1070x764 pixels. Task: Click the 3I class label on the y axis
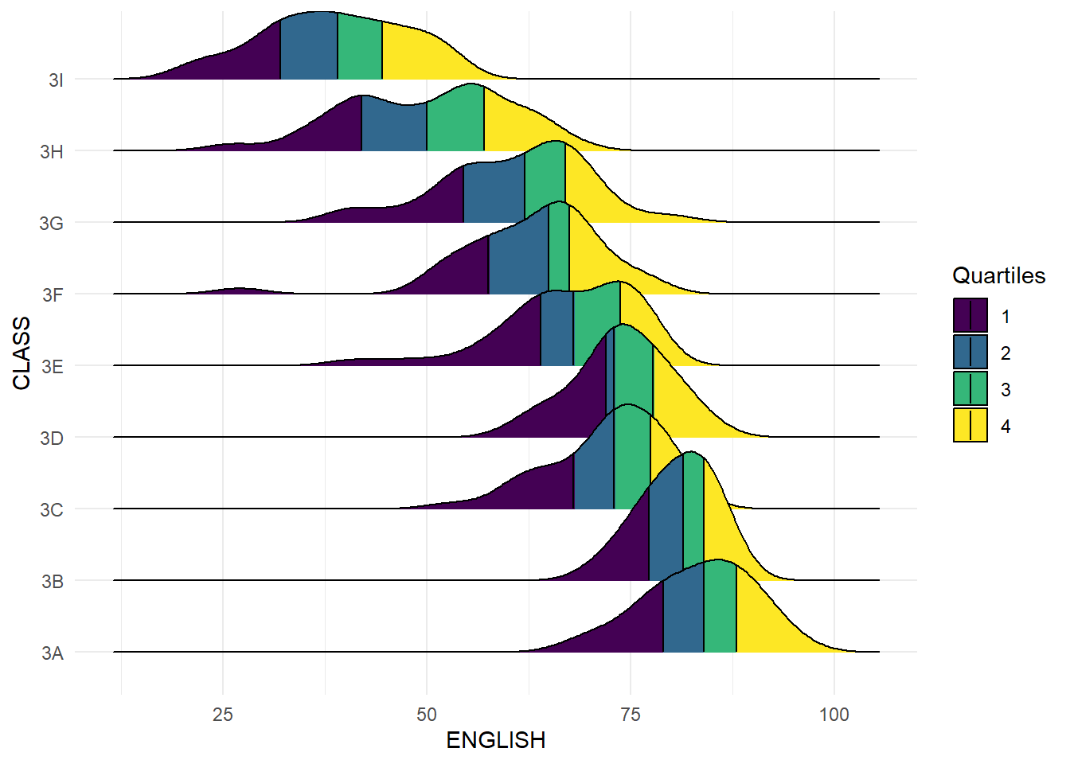point(56,80)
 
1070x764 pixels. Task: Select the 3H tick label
point(53,152)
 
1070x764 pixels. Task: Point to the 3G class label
point(52,224)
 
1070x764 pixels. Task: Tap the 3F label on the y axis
point(53,295)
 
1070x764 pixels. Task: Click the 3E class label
point(53,367)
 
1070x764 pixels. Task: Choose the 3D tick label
point(52,439)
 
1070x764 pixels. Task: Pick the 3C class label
point(52,510)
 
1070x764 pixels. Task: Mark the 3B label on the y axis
point(53,582)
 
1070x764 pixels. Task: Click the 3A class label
point(53,653)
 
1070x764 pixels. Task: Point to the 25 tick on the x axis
point(223,715)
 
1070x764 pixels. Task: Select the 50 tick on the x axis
point(427,715)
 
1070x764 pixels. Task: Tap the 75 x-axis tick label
point(631,715)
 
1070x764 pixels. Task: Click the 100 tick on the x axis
point(834,715)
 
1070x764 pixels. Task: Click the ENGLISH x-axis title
point(495,740)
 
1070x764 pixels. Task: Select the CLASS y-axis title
point(21,353)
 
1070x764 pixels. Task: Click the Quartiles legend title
point(998,275)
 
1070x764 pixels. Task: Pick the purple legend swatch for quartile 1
point(970,315)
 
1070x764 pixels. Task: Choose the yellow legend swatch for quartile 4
point(970,425)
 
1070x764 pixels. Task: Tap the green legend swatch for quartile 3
point(970,388)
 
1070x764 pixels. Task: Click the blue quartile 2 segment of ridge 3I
point(309,48)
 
